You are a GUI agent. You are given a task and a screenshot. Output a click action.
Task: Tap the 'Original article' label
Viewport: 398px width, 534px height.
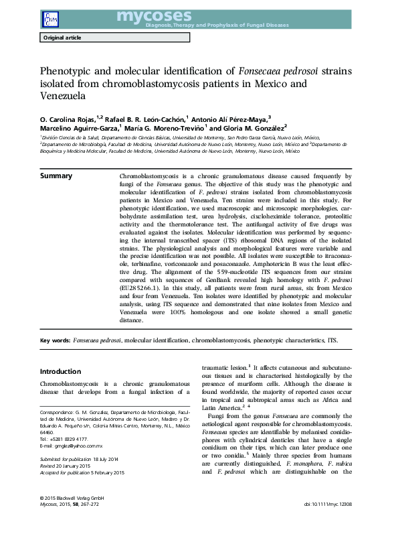(62, 38)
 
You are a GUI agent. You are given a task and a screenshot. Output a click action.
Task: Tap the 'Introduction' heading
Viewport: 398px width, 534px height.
(60, 371)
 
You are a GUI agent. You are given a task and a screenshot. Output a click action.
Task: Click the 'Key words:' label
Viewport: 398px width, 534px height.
(56, 340)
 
